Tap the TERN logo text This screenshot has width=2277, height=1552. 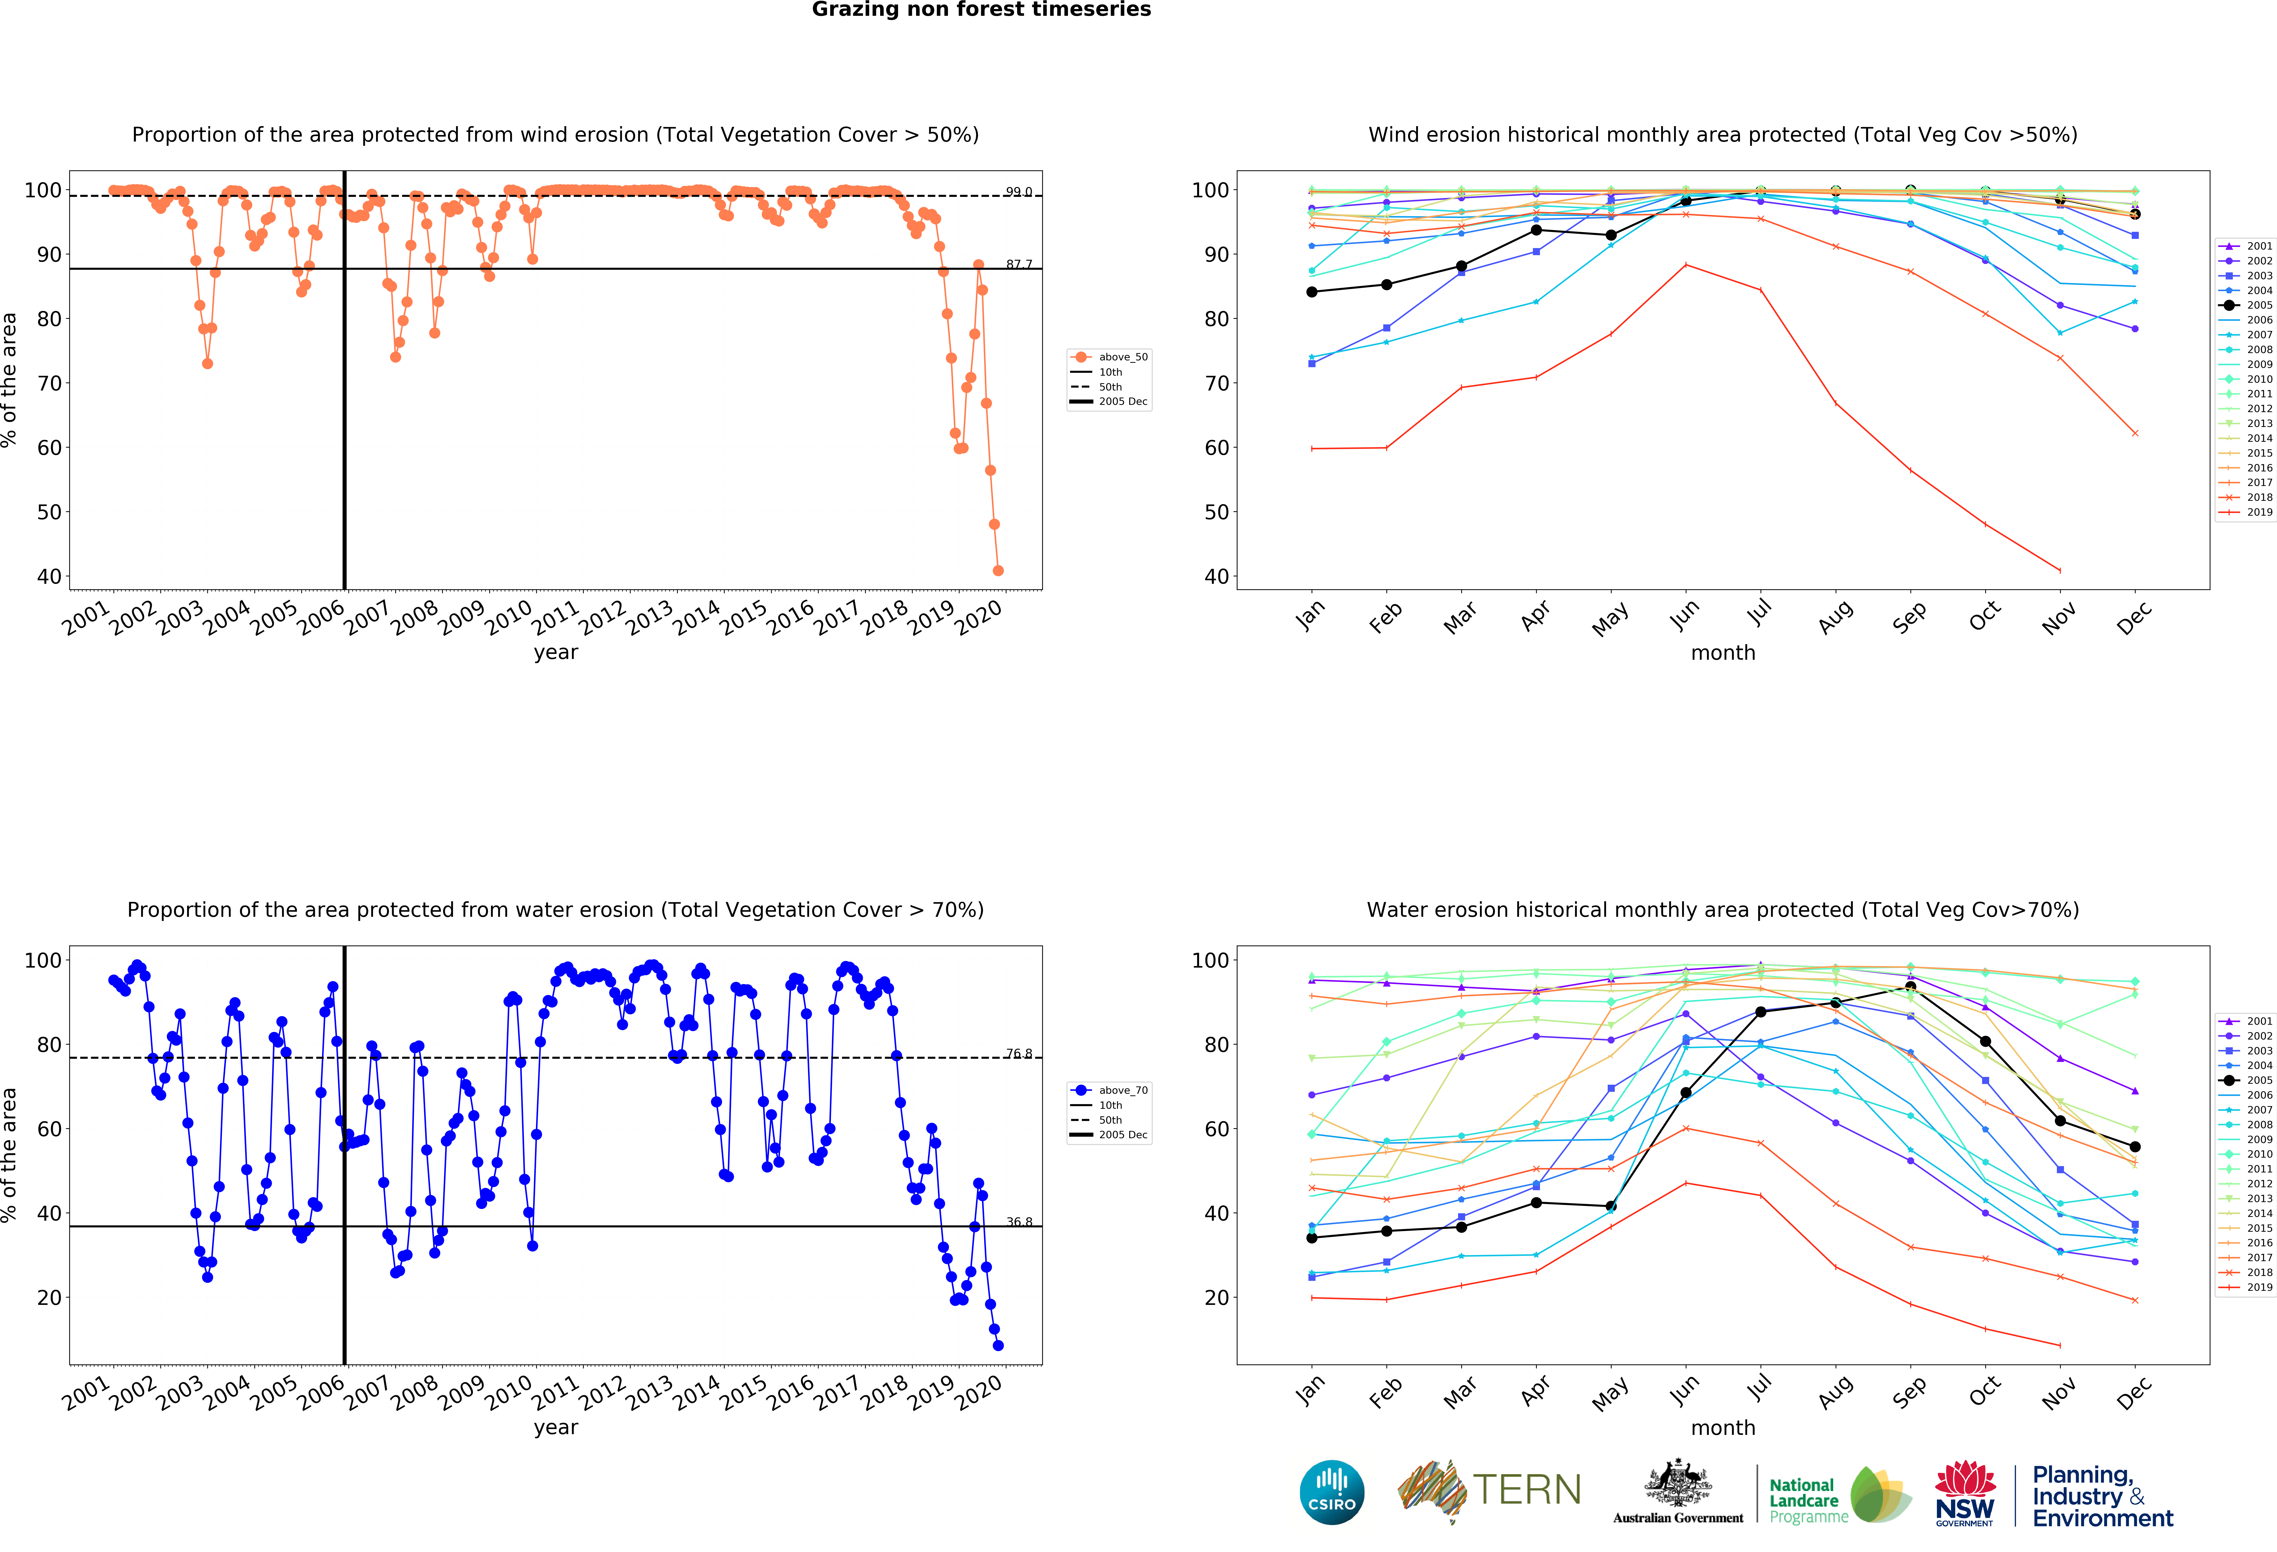point(1527,1490)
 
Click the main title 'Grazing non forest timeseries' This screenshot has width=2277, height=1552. point(981,10)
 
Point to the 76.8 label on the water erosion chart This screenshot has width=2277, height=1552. point(1019,1053)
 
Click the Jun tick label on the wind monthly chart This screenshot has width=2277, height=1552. point(1684,615)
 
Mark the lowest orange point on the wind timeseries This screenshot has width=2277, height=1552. point(997,570)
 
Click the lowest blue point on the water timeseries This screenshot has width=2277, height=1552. point(997,1345)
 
